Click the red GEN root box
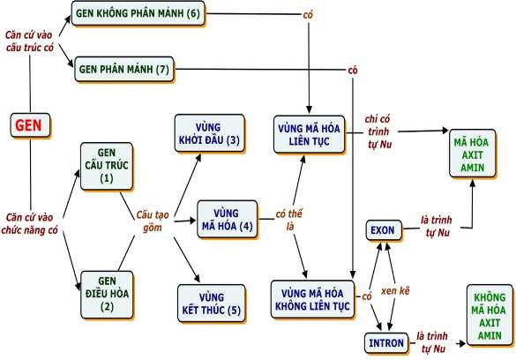[x=29, y=126]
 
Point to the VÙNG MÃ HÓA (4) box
[x=227, y=218]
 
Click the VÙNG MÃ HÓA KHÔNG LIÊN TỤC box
[x=311, y=298]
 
